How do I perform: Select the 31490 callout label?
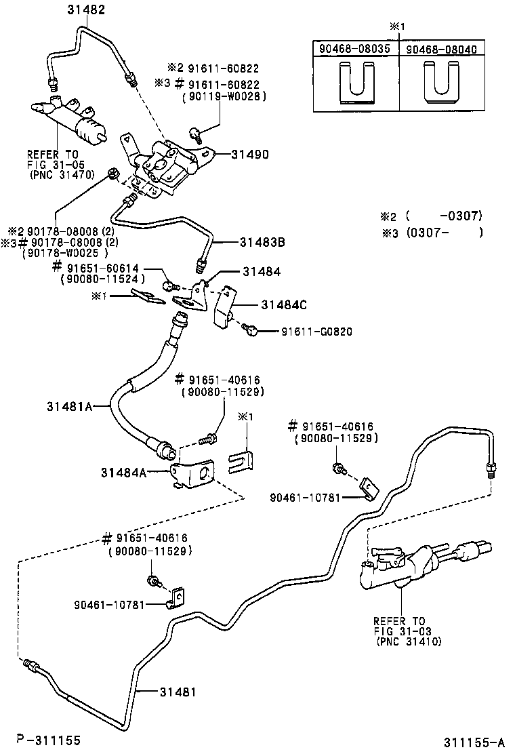(248, 155)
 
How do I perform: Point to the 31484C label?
(281, 305)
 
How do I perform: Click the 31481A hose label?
(69, 406)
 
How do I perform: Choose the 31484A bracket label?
(124, 473)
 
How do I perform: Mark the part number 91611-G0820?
(316, 332)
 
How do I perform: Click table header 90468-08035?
(355, 49)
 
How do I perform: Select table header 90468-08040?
(442, 49)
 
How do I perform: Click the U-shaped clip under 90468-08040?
(442, 83)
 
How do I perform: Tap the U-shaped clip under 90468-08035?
(355, 83)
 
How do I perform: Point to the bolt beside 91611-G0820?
(252, 330)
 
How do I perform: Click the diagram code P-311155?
(48, 740)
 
